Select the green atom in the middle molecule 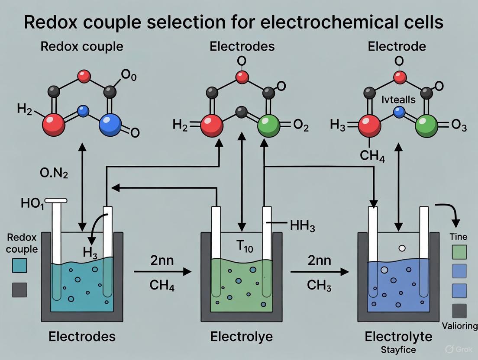click(x=269, y=125)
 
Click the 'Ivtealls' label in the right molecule click(x=398, y=100)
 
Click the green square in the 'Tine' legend click(x=459, y=252)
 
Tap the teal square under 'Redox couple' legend click(x=19, y=265)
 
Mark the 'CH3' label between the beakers click(x=320, y=285)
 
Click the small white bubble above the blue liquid click(x=401, y=248)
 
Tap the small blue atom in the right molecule click(x=399, y=112)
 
